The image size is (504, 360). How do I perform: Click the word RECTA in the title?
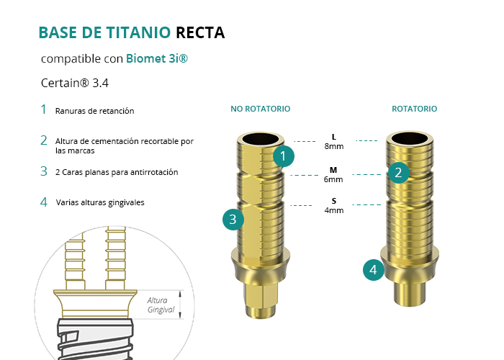[200, 32]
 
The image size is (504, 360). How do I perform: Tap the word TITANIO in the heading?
[138, 32]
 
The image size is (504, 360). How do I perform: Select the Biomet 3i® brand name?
[157, 58]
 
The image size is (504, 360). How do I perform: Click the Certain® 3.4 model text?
[75, 83]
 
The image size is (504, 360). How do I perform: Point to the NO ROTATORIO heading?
[261, 109]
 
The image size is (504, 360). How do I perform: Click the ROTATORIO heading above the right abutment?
[414, 109]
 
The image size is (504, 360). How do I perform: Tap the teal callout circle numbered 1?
[284, 156]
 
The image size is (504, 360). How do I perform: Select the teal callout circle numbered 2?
[399, 173]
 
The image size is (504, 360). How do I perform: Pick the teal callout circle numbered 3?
[233, 220]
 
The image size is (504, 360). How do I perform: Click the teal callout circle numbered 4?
[374, 270]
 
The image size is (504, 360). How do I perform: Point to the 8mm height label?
[334, 146]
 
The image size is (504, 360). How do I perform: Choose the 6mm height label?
[333, 179]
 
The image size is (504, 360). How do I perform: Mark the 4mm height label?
[334, 210]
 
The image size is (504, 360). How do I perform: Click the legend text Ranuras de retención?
[94, 111]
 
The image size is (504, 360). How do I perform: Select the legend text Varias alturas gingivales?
[100, 202]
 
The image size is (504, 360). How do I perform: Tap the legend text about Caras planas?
[117, 172]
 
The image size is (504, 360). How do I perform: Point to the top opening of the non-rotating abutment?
[261, 139]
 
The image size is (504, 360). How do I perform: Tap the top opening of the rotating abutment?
[410, 138]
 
